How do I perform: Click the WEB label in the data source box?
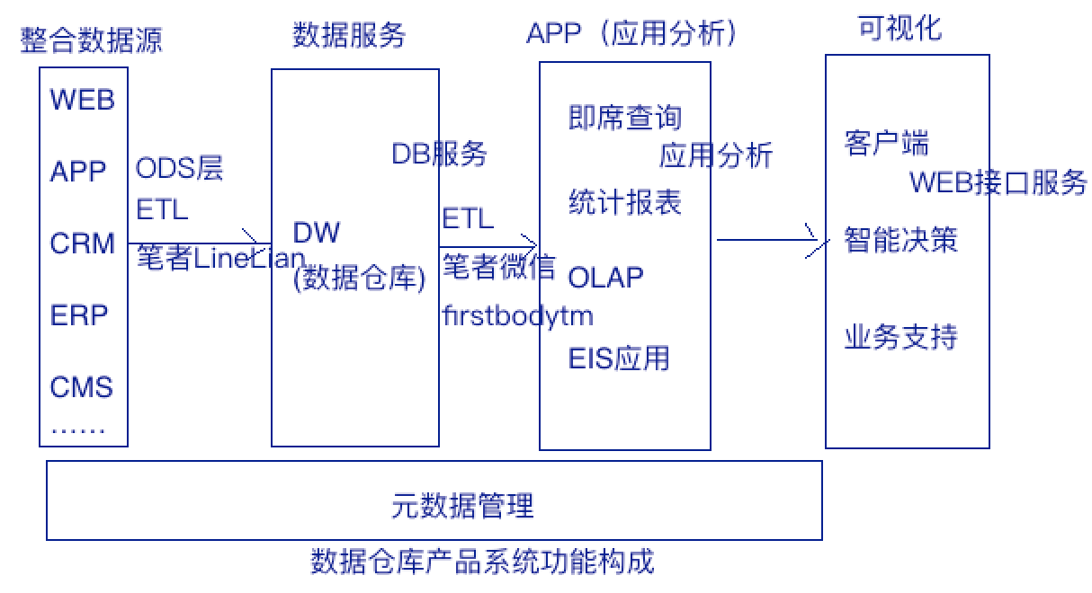point(83,100)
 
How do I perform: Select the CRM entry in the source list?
point(83,243)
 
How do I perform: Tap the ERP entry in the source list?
point(79,314)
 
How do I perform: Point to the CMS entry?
point(82,386)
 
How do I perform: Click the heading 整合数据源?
point(91,40)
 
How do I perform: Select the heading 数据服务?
point(349,35)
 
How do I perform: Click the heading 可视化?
point(900,28)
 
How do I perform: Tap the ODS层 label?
point(179,168)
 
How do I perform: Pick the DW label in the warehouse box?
point(316,232)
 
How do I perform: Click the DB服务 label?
point(439,154)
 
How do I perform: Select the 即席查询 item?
point(625,118)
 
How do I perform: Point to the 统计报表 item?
point(625,201)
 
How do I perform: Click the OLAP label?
point(605,278)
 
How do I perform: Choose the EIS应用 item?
point(619,358)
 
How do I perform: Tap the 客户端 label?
point(886,143)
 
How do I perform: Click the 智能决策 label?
point(901,240)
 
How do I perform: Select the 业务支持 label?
point(901,337)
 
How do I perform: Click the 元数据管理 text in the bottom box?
point(462,505)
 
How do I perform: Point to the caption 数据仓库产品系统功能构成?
point(482,562)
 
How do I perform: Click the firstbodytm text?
point(518,315)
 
